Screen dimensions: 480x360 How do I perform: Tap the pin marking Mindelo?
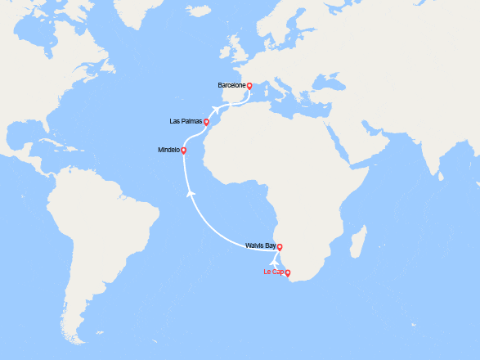[x=184, y=151]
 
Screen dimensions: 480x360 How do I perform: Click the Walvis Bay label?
[x=261, y=245]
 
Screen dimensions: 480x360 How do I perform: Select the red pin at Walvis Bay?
[x=280, y=247]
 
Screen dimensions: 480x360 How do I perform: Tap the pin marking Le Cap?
[x=287, y=272]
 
